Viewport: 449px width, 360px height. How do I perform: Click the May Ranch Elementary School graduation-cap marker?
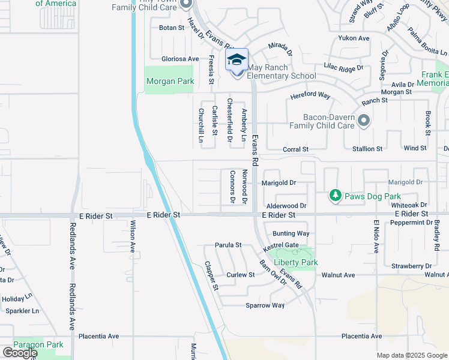pos(237,61)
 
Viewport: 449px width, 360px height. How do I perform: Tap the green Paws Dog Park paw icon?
pos(336,196)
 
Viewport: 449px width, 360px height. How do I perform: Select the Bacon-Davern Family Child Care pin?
pos(363,122)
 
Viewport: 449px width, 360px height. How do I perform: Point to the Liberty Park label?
pos(295,262)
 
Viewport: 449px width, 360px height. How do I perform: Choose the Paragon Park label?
pos(38,344)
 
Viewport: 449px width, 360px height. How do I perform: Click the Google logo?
pos(19,353)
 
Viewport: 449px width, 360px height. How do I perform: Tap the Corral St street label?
pos(295,149)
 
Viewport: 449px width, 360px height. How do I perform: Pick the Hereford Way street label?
pos(310,95)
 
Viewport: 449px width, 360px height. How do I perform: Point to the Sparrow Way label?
pos(265,305)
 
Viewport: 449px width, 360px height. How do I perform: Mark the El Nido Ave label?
pos(377,235)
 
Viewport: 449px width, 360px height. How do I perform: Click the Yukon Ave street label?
pos(354,38)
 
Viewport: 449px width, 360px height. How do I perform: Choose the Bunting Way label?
pos(291,233)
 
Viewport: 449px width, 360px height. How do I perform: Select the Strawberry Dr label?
pos(411,266)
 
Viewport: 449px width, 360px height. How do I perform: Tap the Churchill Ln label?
pos(201,127)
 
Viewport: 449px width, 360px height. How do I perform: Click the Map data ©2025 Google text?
pos(411,355)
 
